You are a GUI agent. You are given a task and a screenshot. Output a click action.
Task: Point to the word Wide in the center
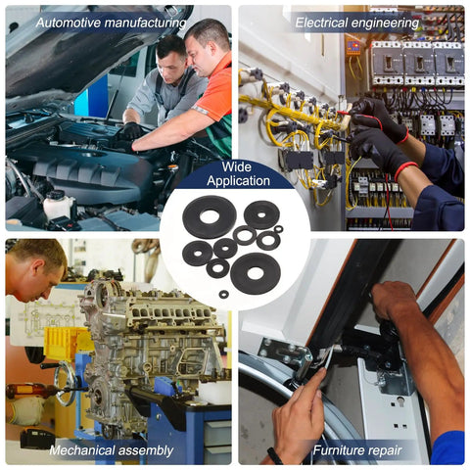click(237, 166)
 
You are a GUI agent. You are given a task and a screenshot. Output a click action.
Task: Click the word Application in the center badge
click(238, 181)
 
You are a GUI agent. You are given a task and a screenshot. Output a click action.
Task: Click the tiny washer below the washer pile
click(223, 294)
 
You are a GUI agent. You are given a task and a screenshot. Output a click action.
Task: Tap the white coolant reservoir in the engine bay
click(59, 206)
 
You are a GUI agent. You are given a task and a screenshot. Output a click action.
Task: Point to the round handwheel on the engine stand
click(67, 383)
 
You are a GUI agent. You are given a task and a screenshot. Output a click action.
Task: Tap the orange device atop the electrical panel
click(353, 46)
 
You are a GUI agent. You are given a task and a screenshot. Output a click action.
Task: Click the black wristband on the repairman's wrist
click(275, 455)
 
